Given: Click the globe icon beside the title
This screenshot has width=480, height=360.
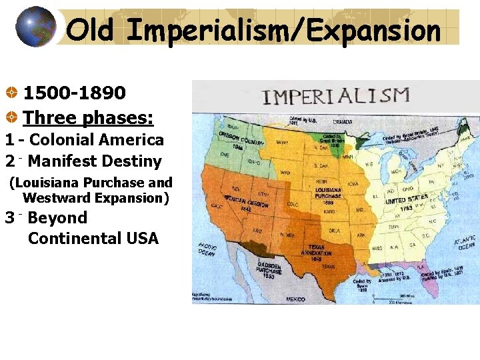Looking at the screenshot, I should (x=35, y=27).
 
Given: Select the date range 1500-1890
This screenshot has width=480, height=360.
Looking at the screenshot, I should (x=74, y=92).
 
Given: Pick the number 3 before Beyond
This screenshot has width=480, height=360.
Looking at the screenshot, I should (x=9, y=218).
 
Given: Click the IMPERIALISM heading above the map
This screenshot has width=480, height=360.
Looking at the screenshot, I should (x=336, y=96).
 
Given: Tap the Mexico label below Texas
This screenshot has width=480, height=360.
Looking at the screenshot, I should (x=295, y=299).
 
